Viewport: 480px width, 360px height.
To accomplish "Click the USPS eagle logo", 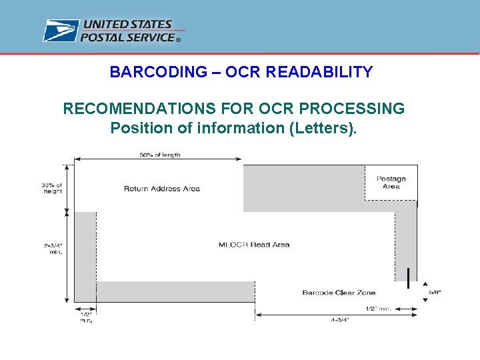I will pos(61,31).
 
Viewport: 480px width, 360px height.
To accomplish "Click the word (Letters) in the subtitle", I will pos(323,127).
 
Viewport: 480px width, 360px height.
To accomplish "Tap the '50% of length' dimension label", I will pos(160,155).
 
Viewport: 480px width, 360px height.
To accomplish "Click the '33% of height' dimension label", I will pos(51,188).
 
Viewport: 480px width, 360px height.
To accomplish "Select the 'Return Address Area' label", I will pos(162,189).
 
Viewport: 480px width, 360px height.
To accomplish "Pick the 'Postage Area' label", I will pos(391,182).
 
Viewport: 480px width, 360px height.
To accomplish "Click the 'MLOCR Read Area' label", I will pos(254,245).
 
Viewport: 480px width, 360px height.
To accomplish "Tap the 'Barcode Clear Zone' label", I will pos(339,293).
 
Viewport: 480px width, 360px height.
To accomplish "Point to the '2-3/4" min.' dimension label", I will pos(52,249).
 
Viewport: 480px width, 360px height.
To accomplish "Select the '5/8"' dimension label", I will pos(435,292).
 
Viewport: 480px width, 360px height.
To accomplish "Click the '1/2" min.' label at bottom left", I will pos(87,317).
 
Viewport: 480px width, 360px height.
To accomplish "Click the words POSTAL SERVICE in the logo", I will pos(127,37).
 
